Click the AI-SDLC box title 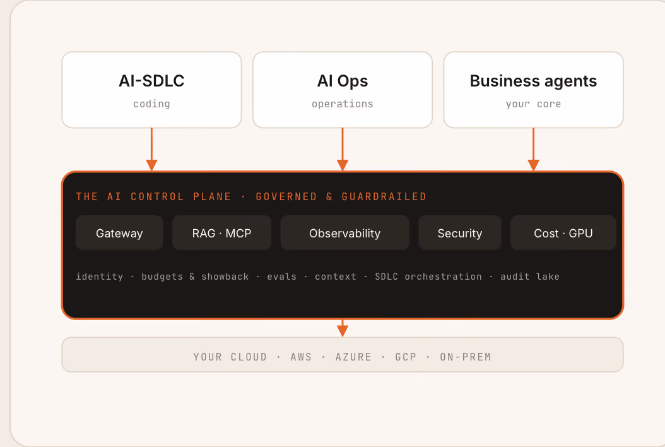(151, 81)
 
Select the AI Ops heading (343, 81)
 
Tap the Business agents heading (533, 81)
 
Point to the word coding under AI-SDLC (151, 104)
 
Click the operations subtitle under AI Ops (343, 104)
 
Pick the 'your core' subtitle (533, 104)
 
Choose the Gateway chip (119, 232)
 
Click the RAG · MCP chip (222, 232)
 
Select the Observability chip (344, 232)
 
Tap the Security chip (460, 232)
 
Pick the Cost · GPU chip (563, 232)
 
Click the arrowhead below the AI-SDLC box (151, 165)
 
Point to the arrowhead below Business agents (533, 165)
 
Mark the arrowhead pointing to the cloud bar (343, 331)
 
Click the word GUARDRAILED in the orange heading (384, 196)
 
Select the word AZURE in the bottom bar (353, 357)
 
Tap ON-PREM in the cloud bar (465, 357)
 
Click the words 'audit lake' (530, 277)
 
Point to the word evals (281, 277)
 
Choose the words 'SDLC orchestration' (428, 277)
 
